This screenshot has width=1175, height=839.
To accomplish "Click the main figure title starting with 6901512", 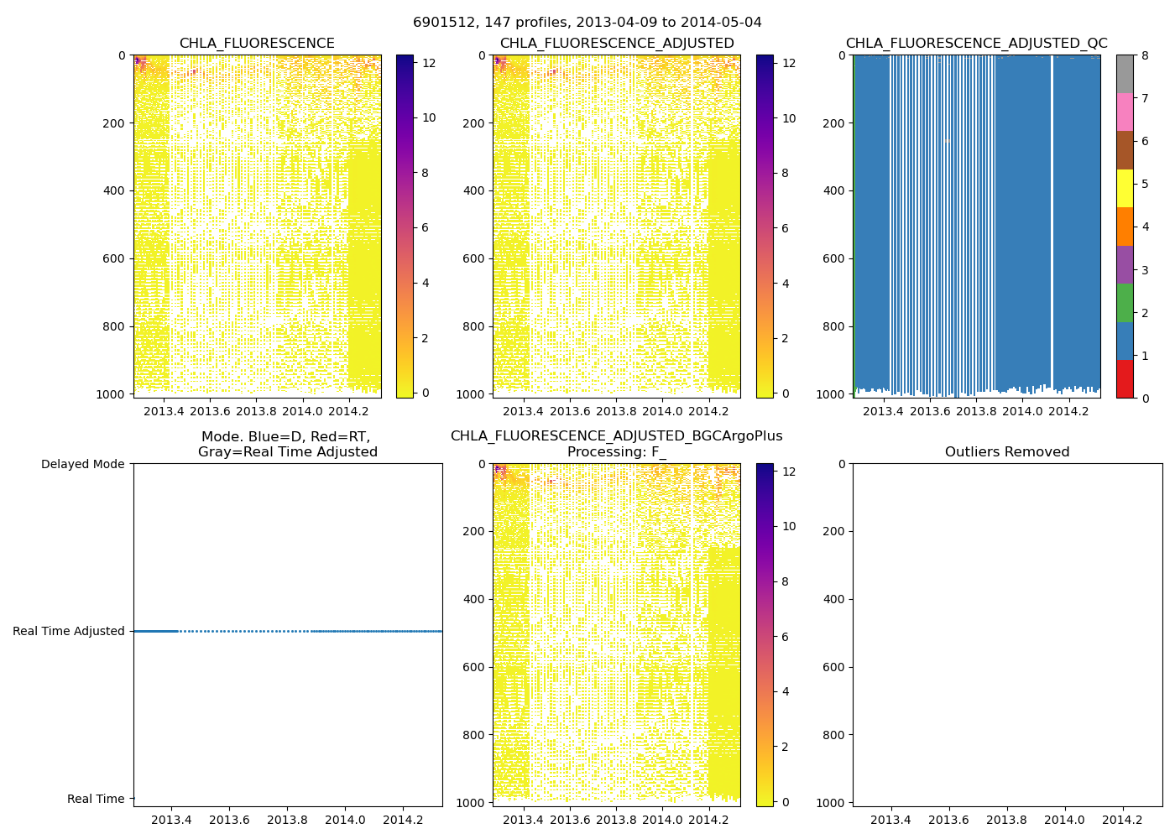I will coord(587,23).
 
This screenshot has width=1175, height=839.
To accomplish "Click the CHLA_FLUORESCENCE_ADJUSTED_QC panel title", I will coord(976,44).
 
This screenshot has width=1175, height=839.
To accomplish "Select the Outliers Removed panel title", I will coord(1007,452).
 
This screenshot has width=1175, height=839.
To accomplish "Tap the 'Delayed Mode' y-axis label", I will coord(82,464).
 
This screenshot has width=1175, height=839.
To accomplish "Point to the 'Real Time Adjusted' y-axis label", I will coord(69,631).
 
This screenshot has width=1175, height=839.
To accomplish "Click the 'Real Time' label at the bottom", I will coord(96,799).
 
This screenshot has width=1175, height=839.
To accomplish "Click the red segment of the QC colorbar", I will coord(1125,379).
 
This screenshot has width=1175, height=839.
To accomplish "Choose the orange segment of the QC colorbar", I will coord(1125,227).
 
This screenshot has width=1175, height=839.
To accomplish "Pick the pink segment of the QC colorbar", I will coord(1125,112).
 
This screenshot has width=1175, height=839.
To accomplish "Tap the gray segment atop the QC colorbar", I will coord(1125,74).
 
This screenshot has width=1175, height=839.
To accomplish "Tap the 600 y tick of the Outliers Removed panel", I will coord(833,667).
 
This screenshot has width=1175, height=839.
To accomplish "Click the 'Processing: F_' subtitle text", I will coord(617,452).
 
